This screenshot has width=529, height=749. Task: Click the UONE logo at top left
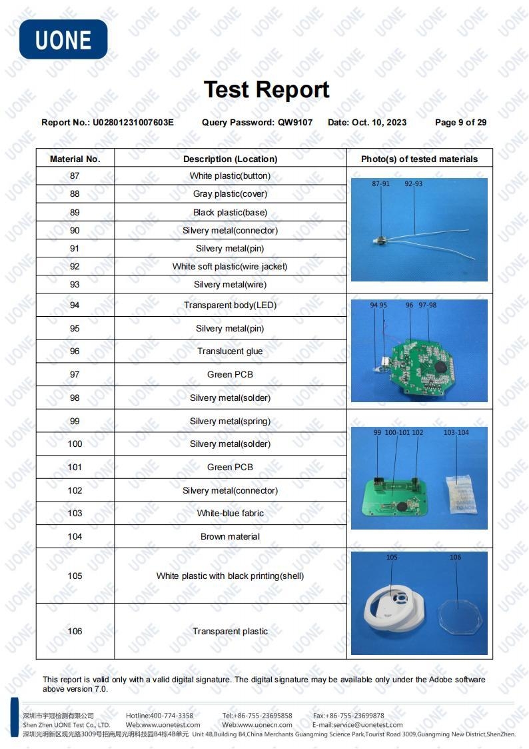click(63, 39)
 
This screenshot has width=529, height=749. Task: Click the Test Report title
click(266, 89)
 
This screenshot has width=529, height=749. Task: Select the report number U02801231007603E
click(133, 122)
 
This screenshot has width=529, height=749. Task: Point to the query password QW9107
click(295, 122)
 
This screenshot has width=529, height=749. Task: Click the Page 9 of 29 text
click(460, 122)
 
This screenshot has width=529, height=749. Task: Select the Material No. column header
click(75, 159)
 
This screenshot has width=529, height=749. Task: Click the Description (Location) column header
click(230, 159)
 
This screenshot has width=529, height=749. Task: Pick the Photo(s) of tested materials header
click(419, 159)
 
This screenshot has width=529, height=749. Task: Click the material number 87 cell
click(75, 176)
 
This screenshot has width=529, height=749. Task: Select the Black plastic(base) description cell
click(230, 213)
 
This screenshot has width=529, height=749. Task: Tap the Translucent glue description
click(230, 351)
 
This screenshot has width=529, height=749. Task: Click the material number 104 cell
click(75, 537)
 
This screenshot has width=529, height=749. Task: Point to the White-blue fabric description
click(230, 514)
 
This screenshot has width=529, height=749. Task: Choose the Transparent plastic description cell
click(230, 632)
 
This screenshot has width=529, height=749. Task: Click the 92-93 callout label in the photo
click(413, 183)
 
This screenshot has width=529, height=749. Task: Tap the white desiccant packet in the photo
click(460, 494)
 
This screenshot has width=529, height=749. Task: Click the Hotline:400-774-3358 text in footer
click(159, 716)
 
